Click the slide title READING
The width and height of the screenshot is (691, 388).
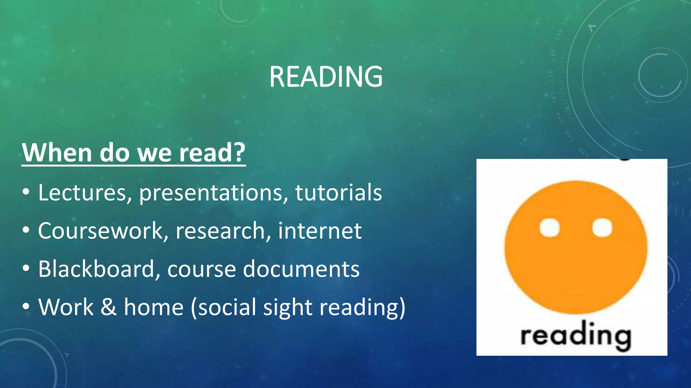pyautogui.click(x=326, y=77)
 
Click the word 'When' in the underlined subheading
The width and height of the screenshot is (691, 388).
pyautogui.click(x=56, y=153)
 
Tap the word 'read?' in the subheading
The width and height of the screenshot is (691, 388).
pyautogui.click(x=212, y=153)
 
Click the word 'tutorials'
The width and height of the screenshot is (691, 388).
pyautogui.click(x=338, y=193)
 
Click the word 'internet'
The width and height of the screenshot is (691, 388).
pyautogui.click(x=320, y=231)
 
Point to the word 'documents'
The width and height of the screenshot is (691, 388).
pyautogui.click(x=301, y=269)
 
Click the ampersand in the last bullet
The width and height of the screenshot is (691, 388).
pyautogui.click(x=108, y=307)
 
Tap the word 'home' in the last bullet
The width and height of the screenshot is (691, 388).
pyautogui.click(x=154, y=307)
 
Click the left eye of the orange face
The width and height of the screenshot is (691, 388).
pyautogui.click(x=549, y=228)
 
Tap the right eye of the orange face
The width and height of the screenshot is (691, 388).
pyautogui.click(x=602, y=228)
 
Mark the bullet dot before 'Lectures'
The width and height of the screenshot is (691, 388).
pyautogui.click(x=26, y=193)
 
